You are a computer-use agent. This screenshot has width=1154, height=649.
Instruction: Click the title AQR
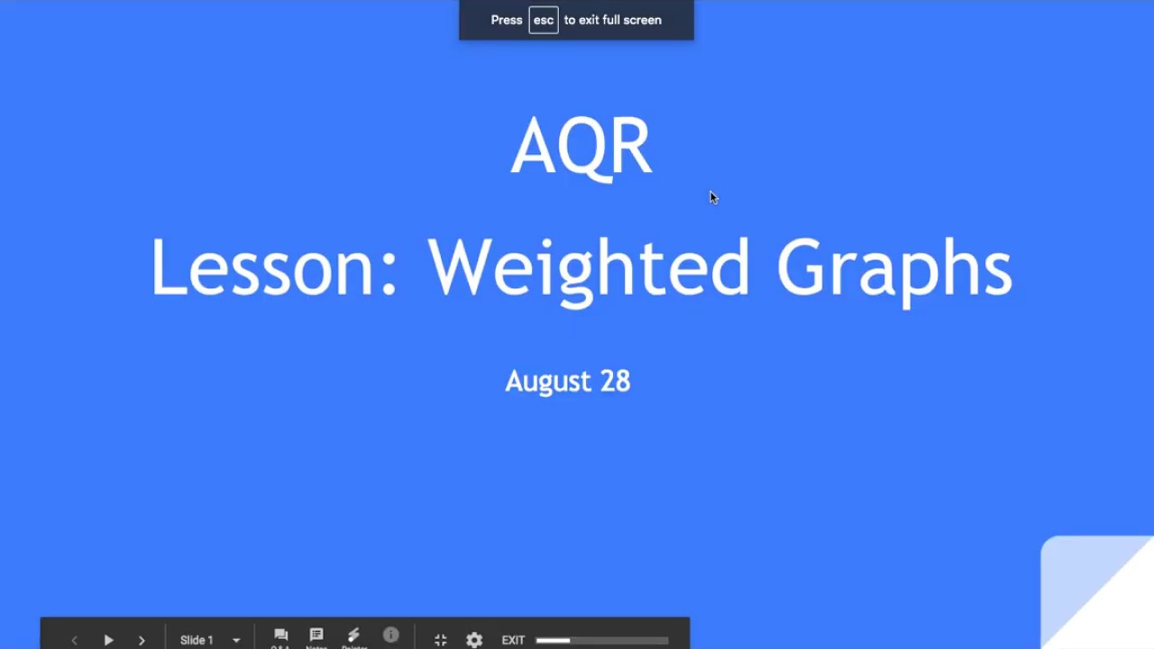[x=581, y=146]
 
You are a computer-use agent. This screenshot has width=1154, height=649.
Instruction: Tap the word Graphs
[x=893, y=268]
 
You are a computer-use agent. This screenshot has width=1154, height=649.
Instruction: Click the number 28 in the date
[x=615, y=381]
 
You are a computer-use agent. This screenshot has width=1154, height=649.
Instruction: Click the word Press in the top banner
[x=506, y=20]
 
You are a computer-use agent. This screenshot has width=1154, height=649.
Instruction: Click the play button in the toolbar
[x=108, y=640]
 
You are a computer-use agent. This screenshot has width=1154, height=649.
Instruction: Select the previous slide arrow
[x=74, y=640]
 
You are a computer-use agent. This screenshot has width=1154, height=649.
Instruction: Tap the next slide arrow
[x=142, y=640]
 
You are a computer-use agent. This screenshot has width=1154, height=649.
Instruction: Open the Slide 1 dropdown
[x=210, y=640]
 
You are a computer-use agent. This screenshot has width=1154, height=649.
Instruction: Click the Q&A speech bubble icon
[x=280, y=635]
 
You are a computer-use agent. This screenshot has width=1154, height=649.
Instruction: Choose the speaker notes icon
[x=316, y=635]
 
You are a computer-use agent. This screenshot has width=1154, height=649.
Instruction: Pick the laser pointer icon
[x=353, y=635]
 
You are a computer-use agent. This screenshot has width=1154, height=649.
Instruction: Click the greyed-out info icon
[x=390, y=635]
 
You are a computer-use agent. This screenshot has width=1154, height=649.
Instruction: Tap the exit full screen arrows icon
[x=440, y=640]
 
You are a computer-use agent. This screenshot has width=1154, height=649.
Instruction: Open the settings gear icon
[x=474, y=640]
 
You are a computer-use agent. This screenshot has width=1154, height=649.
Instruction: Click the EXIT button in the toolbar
[x=513, y=640]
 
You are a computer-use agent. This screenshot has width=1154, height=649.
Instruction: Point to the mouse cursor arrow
[x=713, y=197]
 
